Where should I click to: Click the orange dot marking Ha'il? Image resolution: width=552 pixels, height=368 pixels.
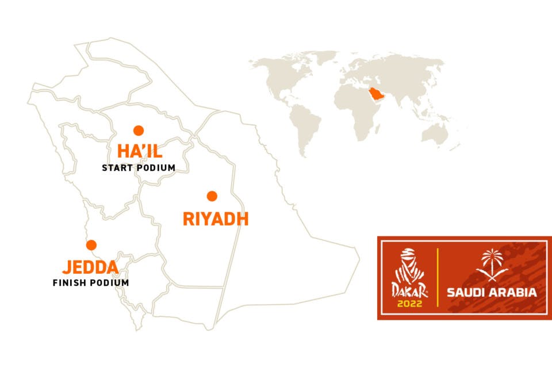coord(138,130)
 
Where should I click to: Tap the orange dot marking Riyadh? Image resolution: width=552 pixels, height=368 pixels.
coord(212,196)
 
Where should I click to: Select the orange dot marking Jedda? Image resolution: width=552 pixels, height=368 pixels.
coord(91,245)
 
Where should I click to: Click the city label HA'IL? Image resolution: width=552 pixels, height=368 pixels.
coord(140,152)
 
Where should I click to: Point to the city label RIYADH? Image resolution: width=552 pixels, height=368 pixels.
coord(215,219)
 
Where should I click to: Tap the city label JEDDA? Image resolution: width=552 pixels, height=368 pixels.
coord(90,267)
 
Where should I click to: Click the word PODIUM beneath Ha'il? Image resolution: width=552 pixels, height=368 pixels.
coord(158,168)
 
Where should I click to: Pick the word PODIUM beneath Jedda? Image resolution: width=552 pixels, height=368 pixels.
coord(111,283)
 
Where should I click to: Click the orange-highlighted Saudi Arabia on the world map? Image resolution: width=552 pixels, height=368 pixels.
coord(376,93)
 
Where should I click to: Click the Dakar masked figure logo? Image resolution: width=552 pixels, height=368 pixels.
coord(408,265)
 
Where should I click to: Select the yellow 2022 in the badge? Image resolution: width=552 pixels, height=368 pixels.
coord(408,302)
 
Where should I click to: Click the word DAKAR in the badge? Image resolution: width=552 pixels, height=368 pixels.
coord(408,290)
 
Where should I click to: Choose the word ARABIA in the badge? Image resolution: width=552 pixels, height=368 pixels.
coord(514,293)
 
